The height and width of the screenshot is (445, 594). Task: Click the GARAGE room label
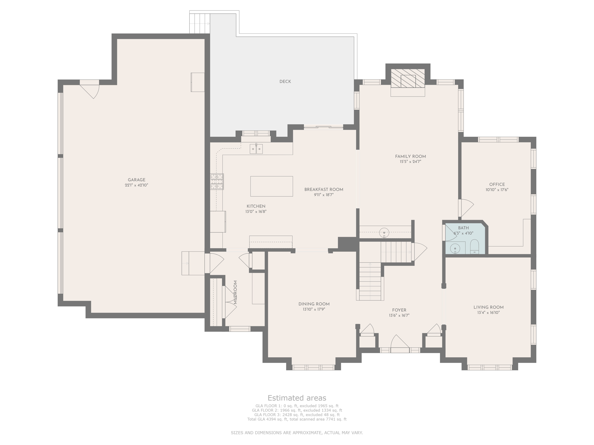point(136,180)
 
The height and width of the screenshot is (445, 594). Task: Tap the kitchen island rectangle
point(271,186)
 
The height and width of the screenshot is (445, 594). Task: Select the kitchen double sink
point(256,149)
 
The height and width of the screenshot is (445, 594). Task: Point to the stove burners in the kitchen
point(217,182)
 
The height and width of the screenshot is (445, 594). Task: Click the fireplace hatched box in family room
point(408,78)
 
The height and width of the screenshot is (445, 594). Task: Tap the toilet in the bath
point(474,246)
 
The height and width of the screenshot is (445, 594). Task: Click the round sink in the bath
point(455,249)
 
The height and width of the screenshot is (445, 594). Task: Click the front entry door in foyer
point(400,344)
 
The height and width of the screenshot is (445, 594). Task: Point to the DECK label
point(285,82)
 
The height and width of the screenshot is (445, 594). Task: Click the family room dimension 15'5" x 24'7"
point(410,162)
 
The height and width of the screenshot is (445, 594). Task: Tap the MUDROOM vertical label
point(235,292)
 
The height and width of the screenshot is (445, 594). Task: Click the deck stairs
point(200,23)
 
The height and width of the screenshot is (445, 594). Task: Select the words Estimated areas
point(297,398)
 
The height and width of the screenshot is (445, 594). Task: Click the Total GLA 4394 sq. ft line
point(297,419)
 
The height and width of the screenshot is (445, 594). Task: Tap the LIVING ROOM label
point(488,307)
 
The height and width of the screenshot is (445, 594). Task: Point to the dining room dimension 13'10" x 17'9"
point(314,309)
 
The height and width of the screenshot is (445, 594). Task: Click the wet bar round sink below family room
point(384,232)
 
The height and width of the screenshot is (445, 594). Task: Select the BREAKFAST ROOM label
point(324,189)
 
